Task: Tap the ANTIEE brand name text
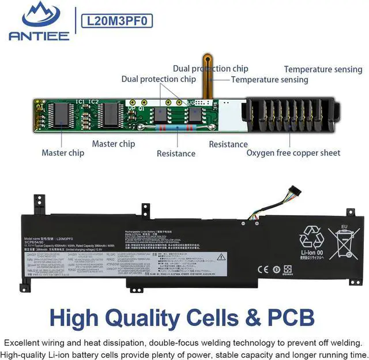point(39,36)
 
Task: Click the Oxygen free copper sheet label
point(293,153)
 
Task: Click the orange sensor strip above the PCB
point(206,75)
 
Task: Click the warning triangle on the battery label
point(221,257)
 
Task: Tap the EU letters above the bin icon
point(344,227)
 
